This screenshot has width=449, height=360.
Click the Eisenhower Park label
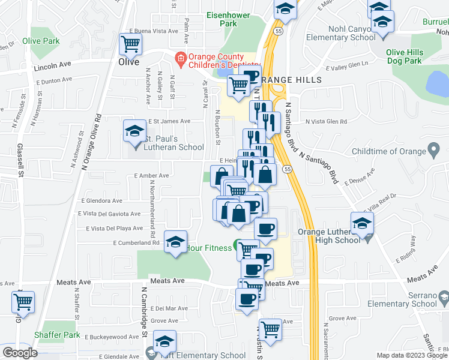(229, 19)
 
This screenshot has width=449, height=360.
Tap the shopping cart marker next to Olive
(130, 44)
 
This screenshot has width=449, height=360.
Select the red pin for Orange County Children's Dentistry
(179, 58)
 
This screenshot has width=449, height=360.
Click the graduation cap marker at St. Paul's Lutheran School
(134, 131)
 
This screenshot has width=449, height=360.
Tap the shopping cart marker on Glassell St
(23, 301)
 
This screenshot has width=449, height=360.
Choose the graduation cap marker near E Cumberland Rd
(175, 242)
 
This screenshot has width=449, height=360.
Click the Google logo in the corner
(19, 353)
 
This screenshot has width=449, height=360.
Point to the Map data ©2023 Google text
(411, 355)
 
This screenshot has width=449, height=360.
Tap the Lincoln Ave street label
(53, 63)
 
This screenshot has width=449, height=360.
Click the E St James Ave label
(169, 121)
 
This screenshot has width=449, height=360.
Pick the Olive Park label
(41, 41)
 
